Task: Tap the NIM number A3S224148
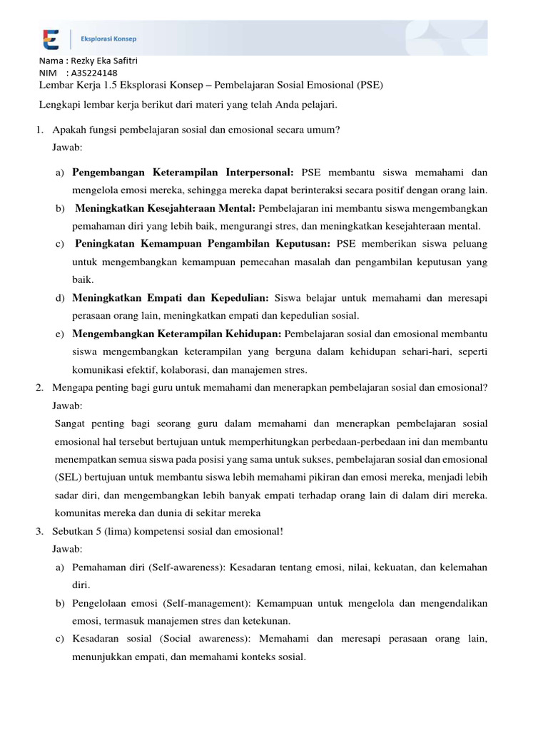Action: point(95,73)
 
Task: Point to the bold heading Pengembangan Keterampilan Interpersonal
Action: point(183,173)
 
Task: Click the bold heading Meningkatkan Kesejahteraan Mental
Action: point(166,209)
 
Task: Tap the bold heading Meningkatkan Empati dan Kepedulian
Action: point(171,297)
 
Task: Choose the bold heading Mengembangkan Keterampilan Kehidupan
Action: point(178,334)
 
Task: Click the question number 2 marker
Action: point(39,387)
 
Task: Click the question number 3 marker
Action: point(39,531)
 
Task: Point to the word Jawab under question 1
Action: point(67,148)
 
